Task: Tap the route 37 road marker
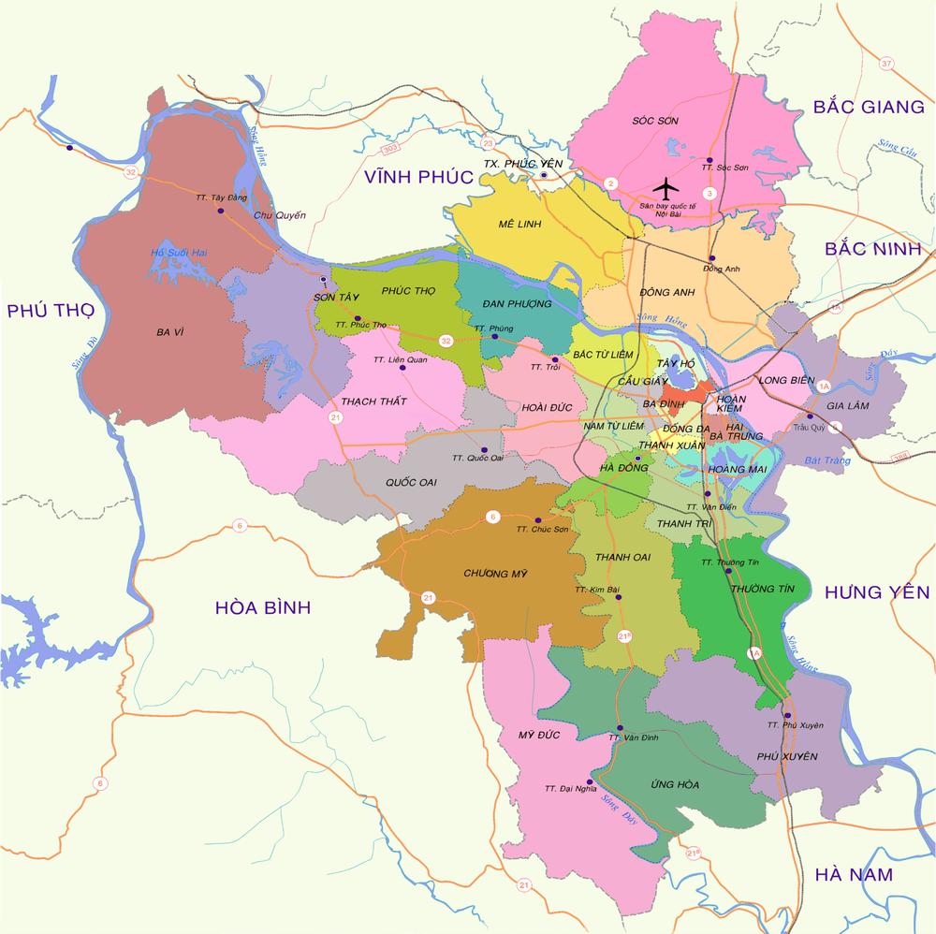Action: pos(887,65)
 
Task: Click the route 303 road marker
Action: pos(389,151)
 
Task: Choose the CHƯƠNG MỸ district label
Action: pos(491,573)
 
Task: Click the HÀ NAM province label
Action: pos(853,875)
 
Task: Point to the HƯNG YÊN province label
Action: pos(877,591)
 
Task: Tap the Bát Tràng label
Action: pos(825,460)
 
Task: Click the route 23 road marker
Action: pos(488,143)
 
